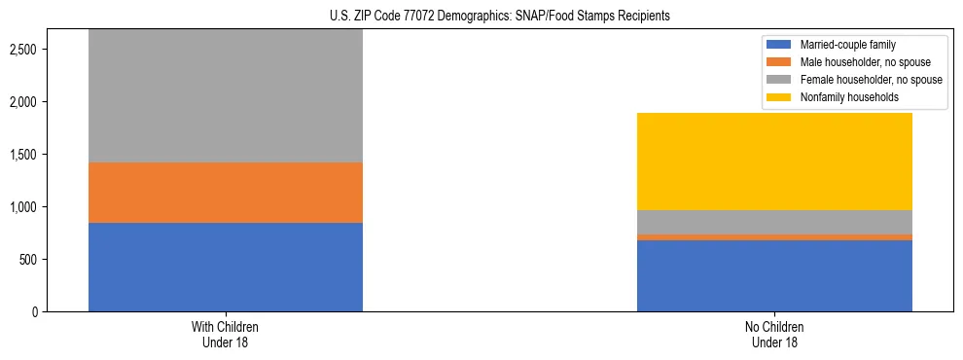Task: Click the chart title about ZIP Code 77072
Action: click(481, 16)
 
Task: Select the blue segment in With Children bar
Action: click(226, 267)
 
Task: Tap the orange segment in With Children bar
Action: click(226, 193)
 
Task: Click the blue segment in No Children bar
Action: click(774, 275)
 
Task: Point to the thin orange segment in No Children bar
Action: click(774, 237)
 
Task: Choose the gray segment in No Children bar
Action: click(774, 223)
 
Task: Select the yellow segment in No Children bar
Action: click(774, 162)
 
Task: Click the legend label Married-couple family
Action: click(842, 45)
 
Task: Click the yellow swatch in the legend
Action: click(779, 97)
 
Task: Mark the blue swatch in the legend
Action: click(779, 45)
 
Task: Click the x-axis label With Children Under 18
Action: click(226, 334)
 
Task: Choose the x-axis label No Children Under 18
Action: click(774, 334)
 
